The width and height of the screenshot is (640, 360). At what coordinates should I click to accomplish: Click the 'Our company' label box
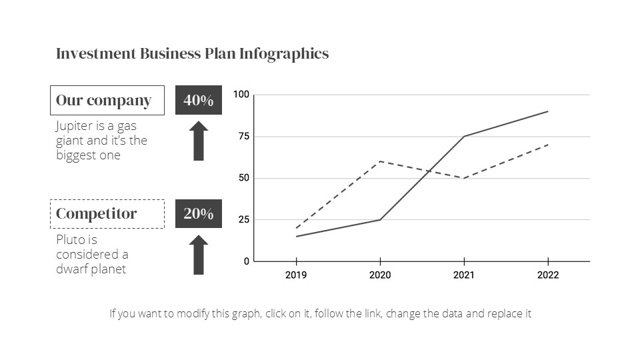tap(107, 101)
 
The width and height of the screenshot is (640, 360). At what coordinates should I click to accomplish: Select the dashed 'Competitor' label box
tap(107, 214)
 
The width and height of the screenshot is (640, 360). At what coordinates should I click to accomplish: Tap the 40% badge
tap(199, 101)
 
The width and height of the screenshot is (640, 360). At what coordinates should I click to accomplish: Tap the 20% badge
tap(199, 214)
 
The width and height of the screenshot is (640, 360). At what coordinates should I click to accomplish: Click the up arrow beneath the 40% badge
tap(199, 141)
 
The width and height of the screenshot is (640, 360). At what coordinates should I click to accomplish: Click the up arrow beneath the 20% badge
tap(199, 255)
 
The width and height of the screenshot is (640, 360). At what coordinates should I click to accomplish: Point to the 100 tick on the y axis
tap(241, 95)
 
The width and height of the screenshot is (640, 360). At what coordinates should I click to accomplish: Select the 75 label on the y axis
tap(243, 137)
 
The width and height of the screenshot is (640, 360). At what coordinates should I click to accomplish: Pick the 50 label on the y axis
tap(243, 178)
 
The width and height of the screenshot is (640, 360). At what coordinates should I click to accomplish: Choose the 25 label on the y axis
tap(243, 219)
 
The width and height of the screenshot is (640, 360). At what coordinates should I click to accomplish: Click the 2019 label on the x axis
tap(296, 275)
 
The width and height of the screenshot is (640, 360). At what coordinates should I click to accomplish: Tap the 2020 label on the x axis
tap(380, 275)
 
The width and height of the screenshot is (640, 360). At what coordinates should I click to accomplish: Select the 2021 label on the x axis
tap(464, 275)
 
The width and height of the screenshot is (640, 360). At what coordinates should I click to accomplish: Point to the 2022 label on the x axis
tap(548, 275)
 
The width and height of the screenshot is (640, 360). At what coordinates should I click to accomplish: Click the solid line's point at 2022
tap(548, 111)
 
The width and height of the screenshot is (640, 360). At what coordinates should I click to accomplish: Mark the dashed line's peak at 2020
tap(380, 161)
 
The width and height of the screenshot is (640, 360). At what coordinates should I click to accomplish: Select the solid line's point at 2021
tap(464, 137)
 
